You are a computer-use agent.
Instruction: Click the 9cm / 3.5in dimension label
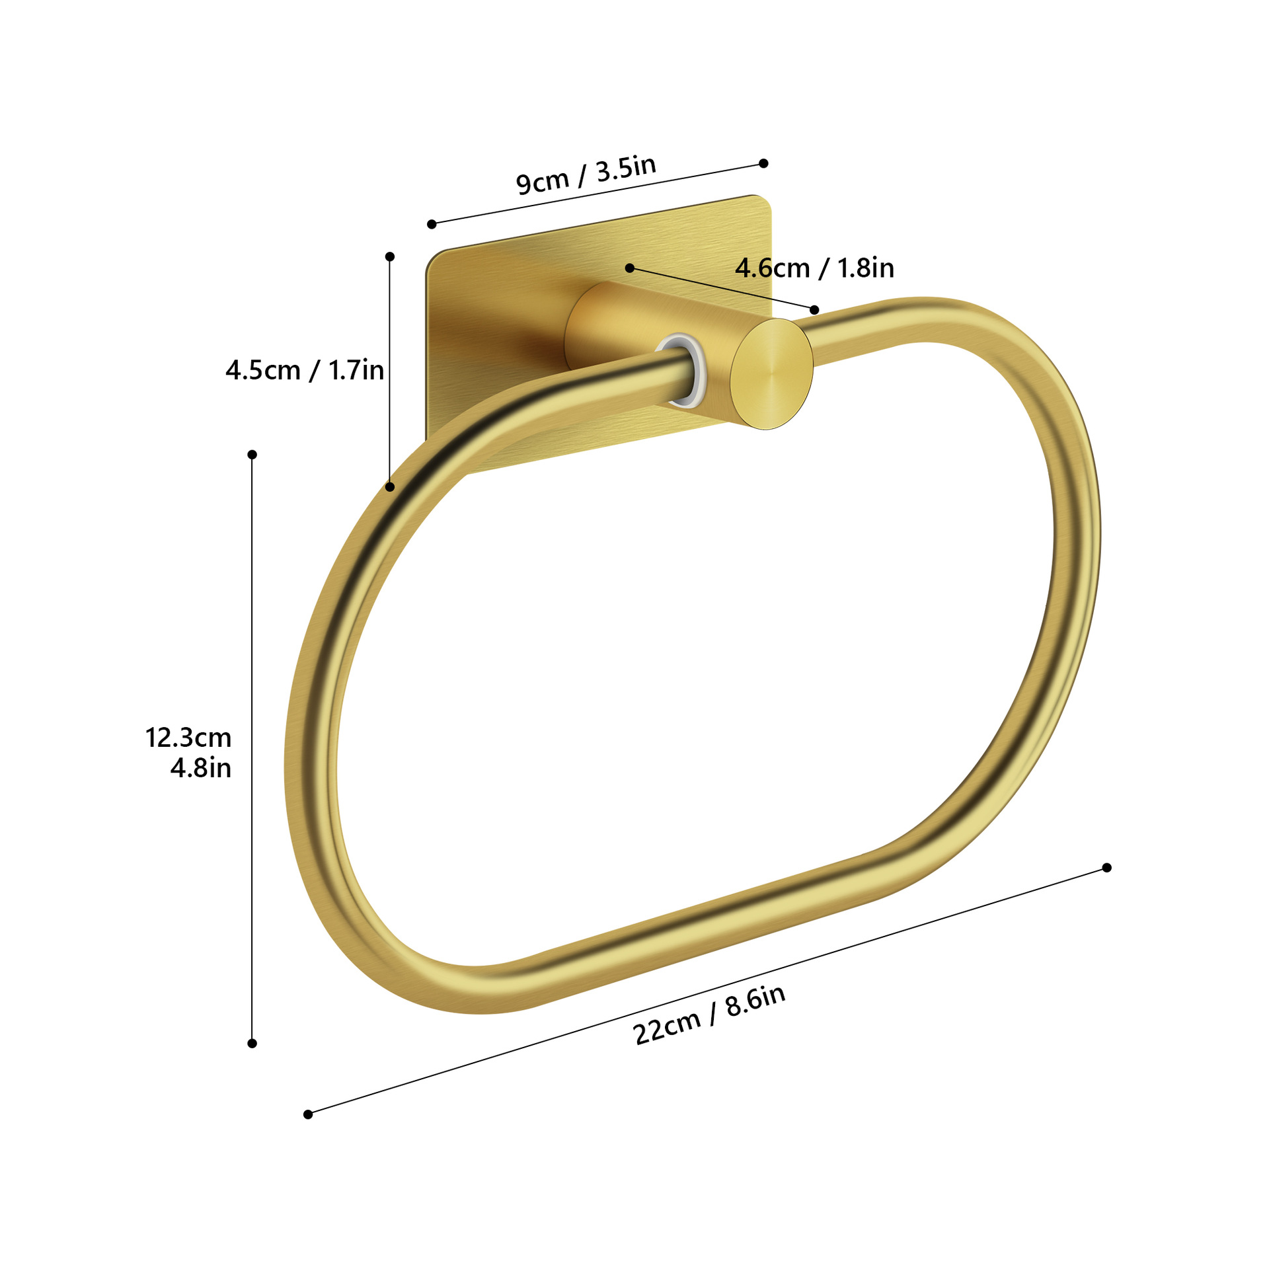coord(586,175)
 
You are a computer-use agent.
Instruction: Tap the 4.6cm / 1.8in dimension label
coord(814,268)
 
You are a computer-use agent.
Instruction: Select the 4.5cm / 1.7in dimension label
coord(305,370)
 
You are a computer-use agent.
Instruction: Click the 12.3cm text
coord(188,738)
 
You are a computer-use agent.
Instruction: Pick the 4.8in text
coord(201,768)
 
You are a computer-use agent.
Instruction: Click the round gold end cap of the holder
coord(772,374)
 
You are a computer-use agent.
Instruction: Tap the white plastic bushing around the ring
coord(681,370)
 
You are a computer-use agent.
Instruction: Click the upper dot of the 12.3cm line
coord(252,455)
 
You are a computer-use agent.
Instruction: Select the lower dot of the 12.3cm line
coord(252,1044)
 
